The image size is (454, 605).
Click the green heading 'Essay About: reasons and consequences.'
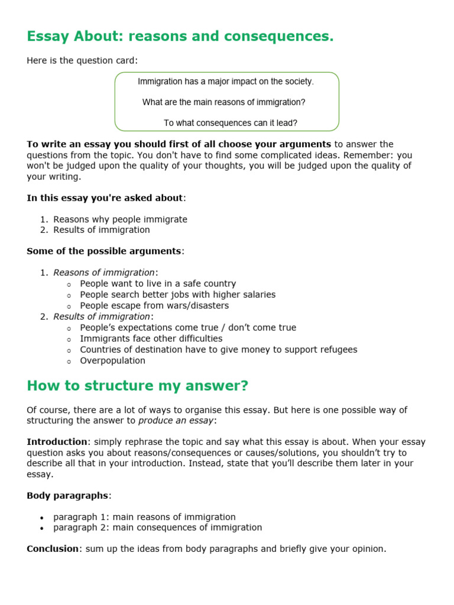[180, 37]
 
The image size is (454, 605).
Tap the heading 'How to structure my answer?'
[138, 386]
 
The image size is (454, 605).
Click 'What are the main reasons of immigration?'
[224, 102]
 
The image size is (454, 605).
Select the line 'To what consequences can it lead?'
[230, 123]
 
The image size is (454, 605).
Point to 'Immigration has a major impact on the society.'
[226, 82]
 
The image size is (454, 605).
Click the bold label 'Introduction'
[57, 442]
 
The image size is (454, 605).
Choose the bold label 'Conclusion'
[53, 549]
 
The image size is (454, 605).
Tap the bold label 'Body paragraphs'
[68, 495]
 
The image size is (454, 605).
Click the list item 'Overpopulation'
[112, 360]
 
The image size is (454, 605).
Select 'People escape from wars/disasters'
[154, 305]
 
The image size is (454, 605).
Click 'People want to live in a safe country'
[158, 284]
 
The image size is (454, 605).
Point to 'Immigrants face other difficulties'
[151, 339]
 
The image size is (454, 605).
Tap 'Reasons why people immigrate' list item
[120, 219]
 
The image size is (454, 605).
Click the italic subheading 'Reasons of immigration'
[104, 272]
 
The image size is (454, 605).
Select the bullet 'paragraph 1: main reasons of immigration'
[144, 517]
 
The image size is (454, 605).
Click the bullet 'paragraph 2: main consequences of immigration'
[157, 528]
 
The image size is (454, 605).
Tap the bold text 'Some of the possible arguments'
[104, 251]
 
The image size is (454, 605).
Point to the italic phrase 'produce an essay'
[176, 421]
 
